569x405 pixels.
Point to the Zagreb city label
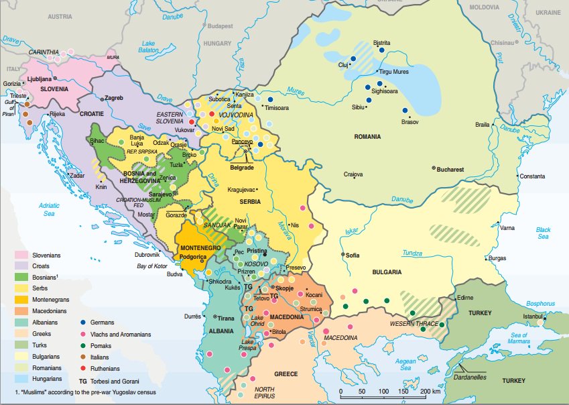pyautogui.click(x=114, y=98)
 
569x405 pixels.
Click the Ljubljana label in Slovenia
pyautogui.click(x=39, y=78)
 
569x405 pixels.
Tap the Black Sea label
pyautogui.click(x=543, y=233)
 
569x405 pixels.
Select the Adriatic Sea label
pyautogui.click(x=50, y=209)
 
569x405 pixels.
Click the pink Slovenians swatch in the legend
pyautogui.click(x=23, y=255)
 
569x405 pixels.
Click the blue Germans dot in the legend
pyautogui.click(x=83, y=322)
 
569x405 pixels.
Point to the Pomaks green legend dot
pyautogui.click(x=83, y=345)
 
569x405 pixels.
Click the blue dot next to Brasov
pyautogui.click(x=405, y=111)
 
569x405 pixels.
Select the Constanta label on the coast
pyautogui.click(x=532, y=176)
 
